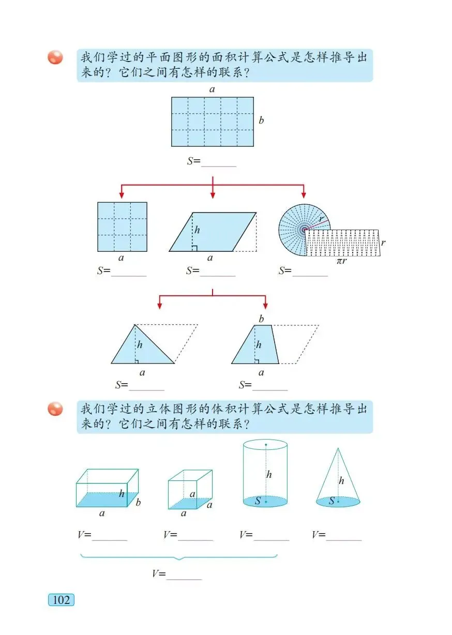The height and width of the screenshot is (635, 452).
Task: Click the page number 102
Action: click(x=61, y=600)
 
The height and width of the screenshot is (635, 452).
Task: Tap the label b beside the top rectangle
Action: click(x=261, y=121)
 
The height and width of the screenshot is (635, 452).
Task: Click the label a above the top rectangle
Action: click(x=212, y=89)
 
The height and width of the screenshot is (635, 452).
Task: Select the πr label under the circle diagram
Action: click(x=341, y=262)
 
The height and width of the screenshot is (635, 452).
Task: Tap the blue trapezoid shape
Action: click(x=257, y=346)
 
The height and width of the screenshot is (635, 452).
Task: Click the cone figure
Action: click(x=338, y=478)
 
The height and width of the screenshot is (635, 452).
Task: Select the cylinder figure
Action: click(x=265, y=473)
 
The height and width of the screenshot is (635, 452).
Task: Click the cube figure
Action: click(x=189, y=489)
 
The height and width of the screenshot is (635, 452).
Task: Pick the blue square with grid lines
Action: click(x=122, y=226)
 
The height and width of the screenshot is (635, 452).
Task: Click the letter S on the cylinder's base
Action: click(x=258, y=501)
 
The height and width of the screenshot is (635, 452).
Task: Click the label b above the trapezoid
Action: click(x=261, y=319)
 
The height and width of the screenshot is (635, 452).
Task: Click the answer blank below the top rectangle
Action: click(x=218, y=161)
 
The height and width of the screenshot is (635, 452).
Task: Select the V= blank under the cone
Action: click(x=343, y=536)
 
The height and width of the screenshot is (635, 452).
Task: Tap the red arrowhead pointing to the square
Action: click(x=122, y=194)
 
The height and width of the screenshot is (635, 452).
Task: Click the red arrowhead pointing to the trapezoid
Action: click(x=265, y=306)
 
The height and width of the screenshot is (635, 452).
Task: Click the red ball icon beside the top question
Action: click(x=55, y=57)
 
